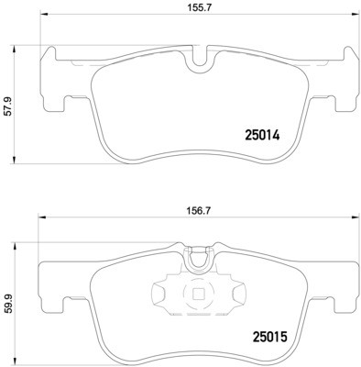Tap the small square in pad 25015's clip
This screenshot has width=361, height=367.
click(196, 295)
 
